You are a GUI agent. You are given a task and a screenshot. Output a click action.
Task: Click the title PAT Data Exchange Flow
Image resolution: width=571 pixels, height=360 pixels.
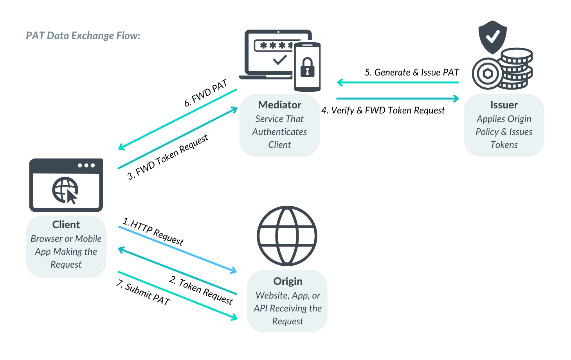(83, 36)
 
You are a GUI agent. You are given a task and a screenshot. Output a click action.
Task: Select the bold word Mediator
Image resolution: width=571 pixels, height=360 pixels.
(279, 105)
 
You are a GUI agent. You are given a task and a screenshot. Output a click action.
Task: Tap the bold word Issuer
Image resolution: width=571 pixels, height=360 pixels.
(504, 105)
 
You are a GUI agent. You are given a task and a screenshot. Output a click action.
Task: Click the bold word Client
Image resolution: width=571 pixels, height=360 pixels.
(66, 225)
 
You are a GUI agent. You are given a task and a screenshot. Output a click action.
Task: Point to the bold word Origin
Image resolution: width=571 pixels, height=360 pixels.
(288, 281)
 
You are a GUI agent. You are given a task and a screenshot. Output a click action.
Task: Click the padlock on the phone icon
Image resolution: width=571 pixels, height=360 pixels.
(307, 67)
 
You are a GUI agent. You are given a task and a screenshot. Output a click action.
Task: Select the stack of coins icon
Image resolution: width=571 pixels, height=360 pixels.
(517, 68)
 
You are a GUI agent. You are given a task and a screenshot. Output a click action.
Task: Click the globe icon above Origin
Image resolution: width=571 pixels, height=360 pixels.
(287, 236)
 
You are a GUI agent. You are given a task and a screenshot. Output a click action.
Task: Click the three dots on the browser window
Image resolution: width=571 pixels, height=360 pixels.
(86, 165)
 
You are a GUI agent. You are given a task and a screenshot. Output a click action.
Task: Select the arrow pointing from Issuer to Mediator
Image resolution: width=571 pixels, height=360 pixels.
(397, 83)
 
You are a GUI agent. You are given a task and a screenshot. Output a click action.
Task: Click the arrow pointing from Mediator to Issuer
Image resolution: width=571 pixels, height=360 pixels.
(397, 99)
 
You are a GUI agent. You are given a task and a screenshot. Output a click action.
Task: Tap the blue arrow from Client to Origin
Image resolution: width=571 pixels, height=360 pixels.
(177, 249)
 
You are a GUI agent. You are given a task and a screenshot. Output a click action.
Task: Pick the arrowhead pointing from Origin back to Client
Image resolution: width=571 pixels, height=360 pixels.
(122, 249)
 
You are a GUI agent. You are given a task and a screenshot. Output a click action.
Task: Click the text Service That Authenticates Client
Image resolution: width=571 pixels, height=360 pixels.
(279, 132)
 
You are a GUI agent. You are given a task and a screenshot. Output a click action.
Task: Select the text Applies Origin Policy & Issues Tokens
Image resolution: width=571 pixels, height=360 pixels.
(504, 132)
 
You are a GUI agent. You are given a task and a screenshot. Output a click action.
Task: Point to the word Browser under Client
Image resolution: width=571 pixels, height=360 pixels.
(46, 239)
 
